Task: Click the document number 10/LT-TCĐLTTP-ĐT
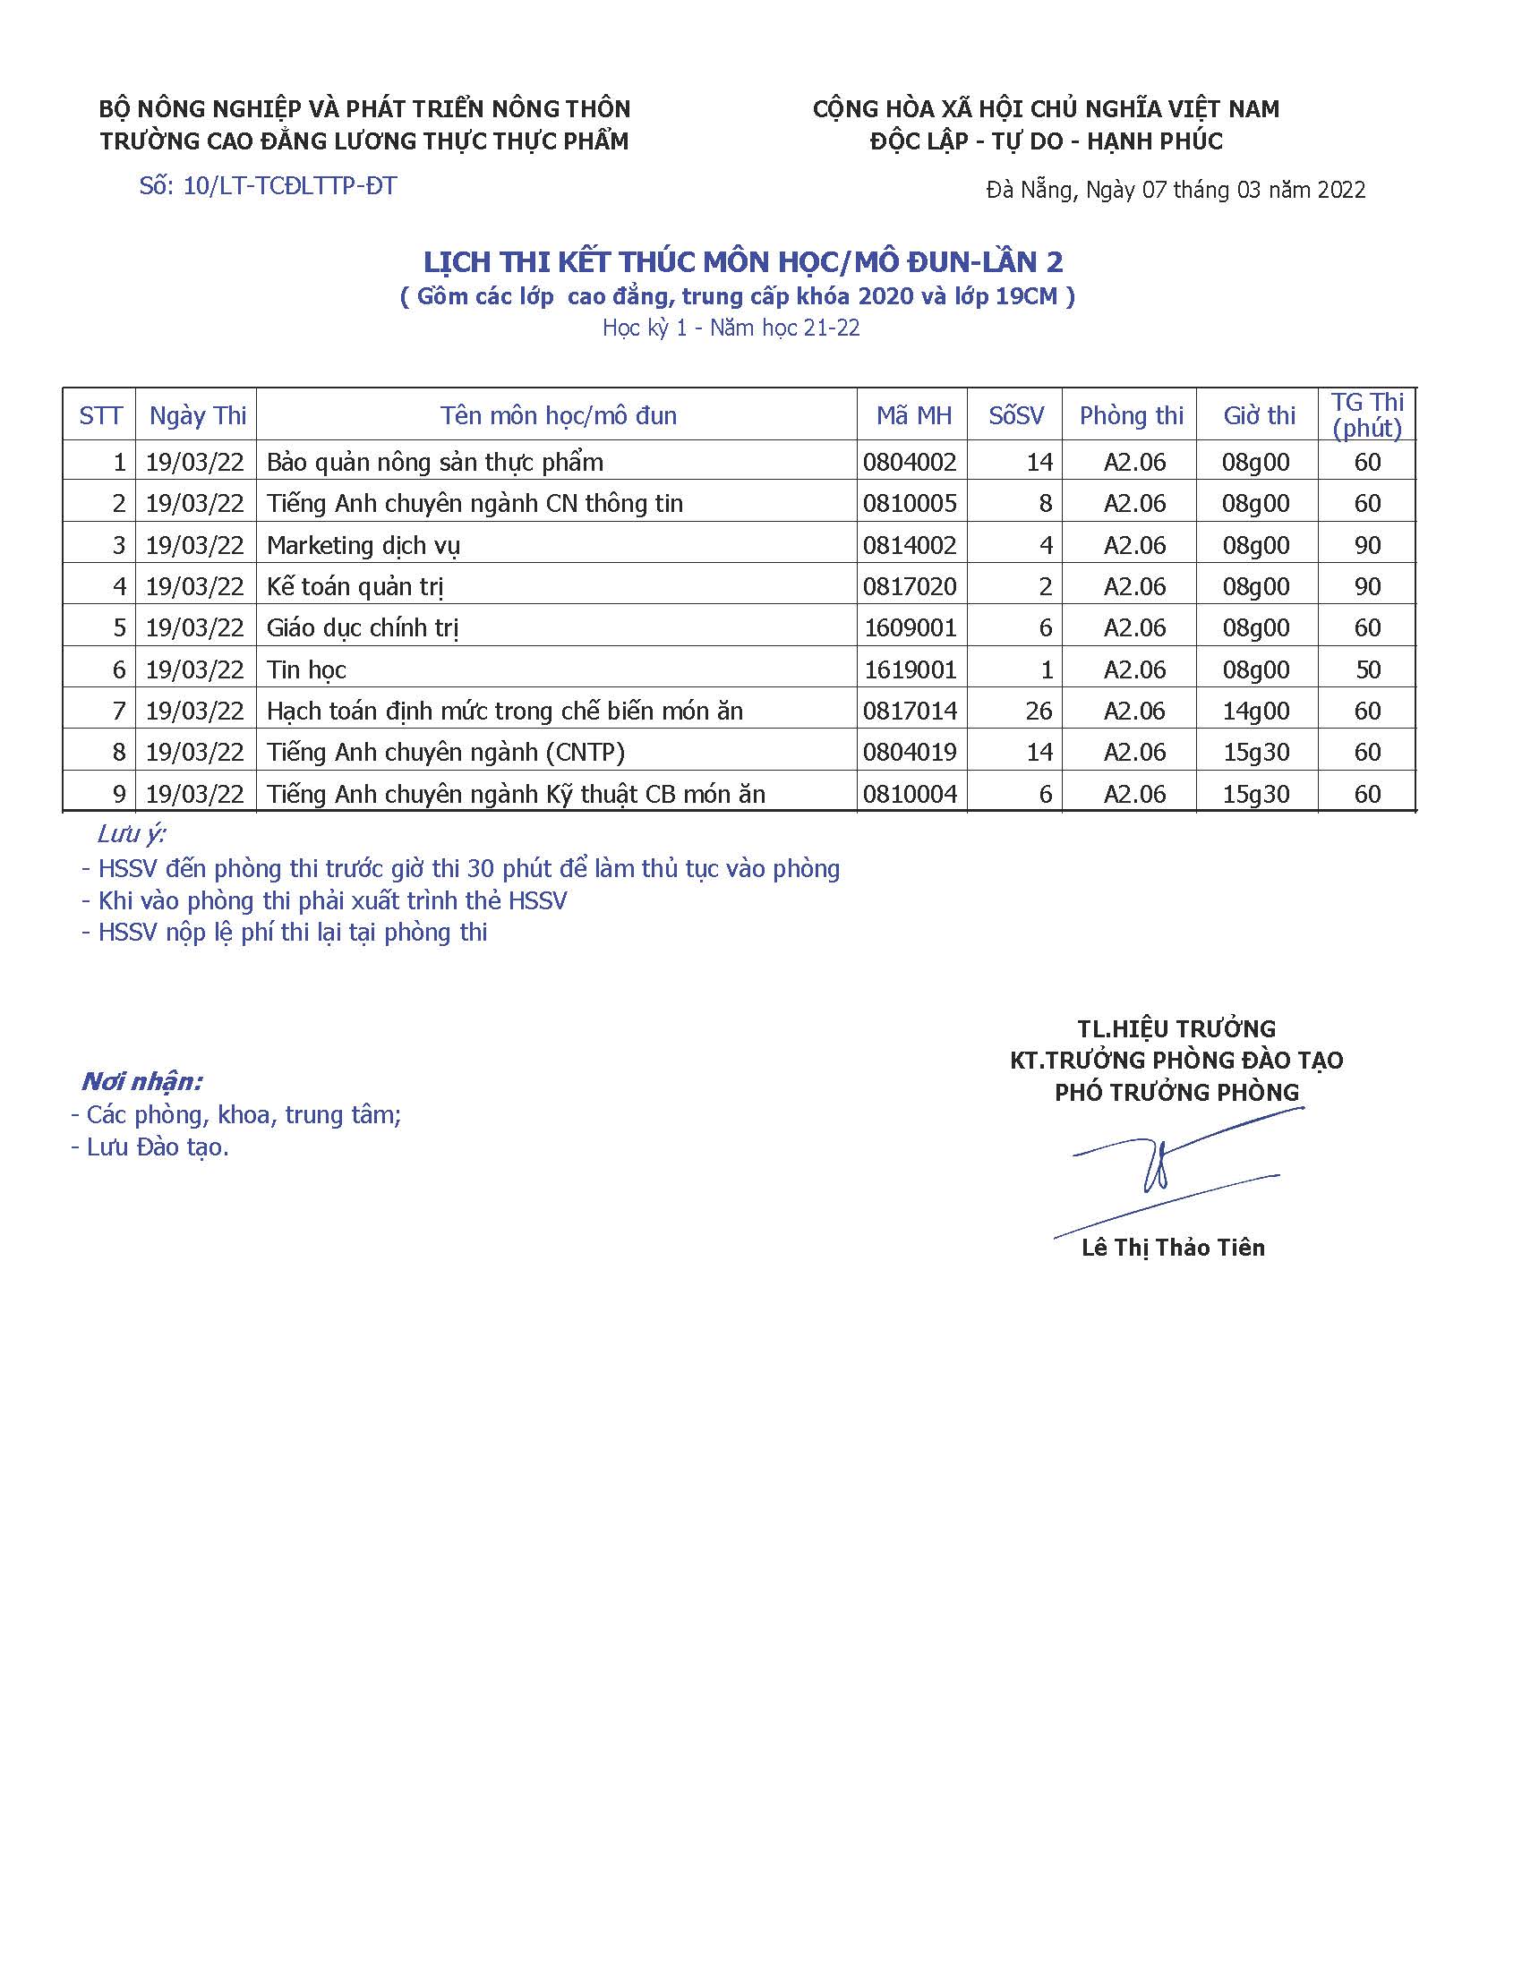(289, 187)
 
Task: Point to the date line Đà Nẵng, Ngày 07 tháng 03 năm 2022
(1176, 191)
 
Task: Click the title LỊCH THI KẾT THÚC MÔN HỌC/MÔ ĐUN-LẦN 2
(744, 262)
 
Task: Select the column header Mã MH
(913, 415)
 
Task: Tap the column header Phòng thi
(1131, 415)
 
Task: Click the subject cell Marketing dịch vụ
(363, 545)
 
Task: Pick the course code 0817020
(910, 587)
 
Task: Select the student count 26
(1039, 712)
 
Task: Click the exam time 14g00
(1255, 712)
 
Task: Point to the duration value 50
(1367, 669)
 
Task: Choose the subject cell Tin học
(306, 669)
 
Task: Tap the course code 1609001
(910, 628)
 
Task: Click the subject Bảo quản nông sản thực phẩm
(434, 463)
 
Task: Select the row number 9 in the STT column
(119, 794)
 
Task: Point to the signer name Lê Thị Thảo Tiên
(1173, 1248)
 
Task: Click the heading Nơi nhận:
(141, 1081)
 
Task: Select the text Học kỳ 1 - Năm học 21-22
(731, 328)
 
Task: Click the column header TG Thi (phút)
(1367, 414)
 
